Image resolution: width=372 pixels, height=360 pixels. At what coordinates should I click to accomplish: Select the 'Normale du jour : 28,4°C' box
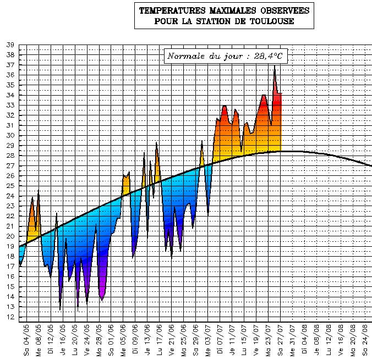tap(227, 56)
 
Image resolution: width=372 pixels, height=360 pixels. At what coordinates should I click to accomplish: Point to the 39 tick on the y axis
tap(10, 45)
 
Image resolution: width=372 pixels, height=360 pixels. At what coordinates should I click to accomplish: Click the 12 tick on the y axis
tap(10, 317)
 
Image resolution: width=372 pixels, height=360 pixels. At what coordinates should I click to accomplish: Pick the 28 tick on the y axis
tap(10, 156)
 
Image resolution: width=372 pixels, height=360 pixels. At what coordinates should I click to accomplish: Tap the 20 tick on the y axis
tap(10, 236)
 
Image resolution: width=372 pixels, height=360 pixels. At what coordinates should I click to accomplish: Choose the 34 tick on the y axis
tap(10, 95)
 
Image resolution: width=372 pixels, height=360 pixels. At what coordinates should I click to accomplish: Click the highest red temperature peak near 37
tap(275, 67)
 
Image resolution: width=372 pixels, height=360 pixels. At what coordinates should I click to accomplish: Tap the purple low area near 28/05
tap(102, 289)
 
